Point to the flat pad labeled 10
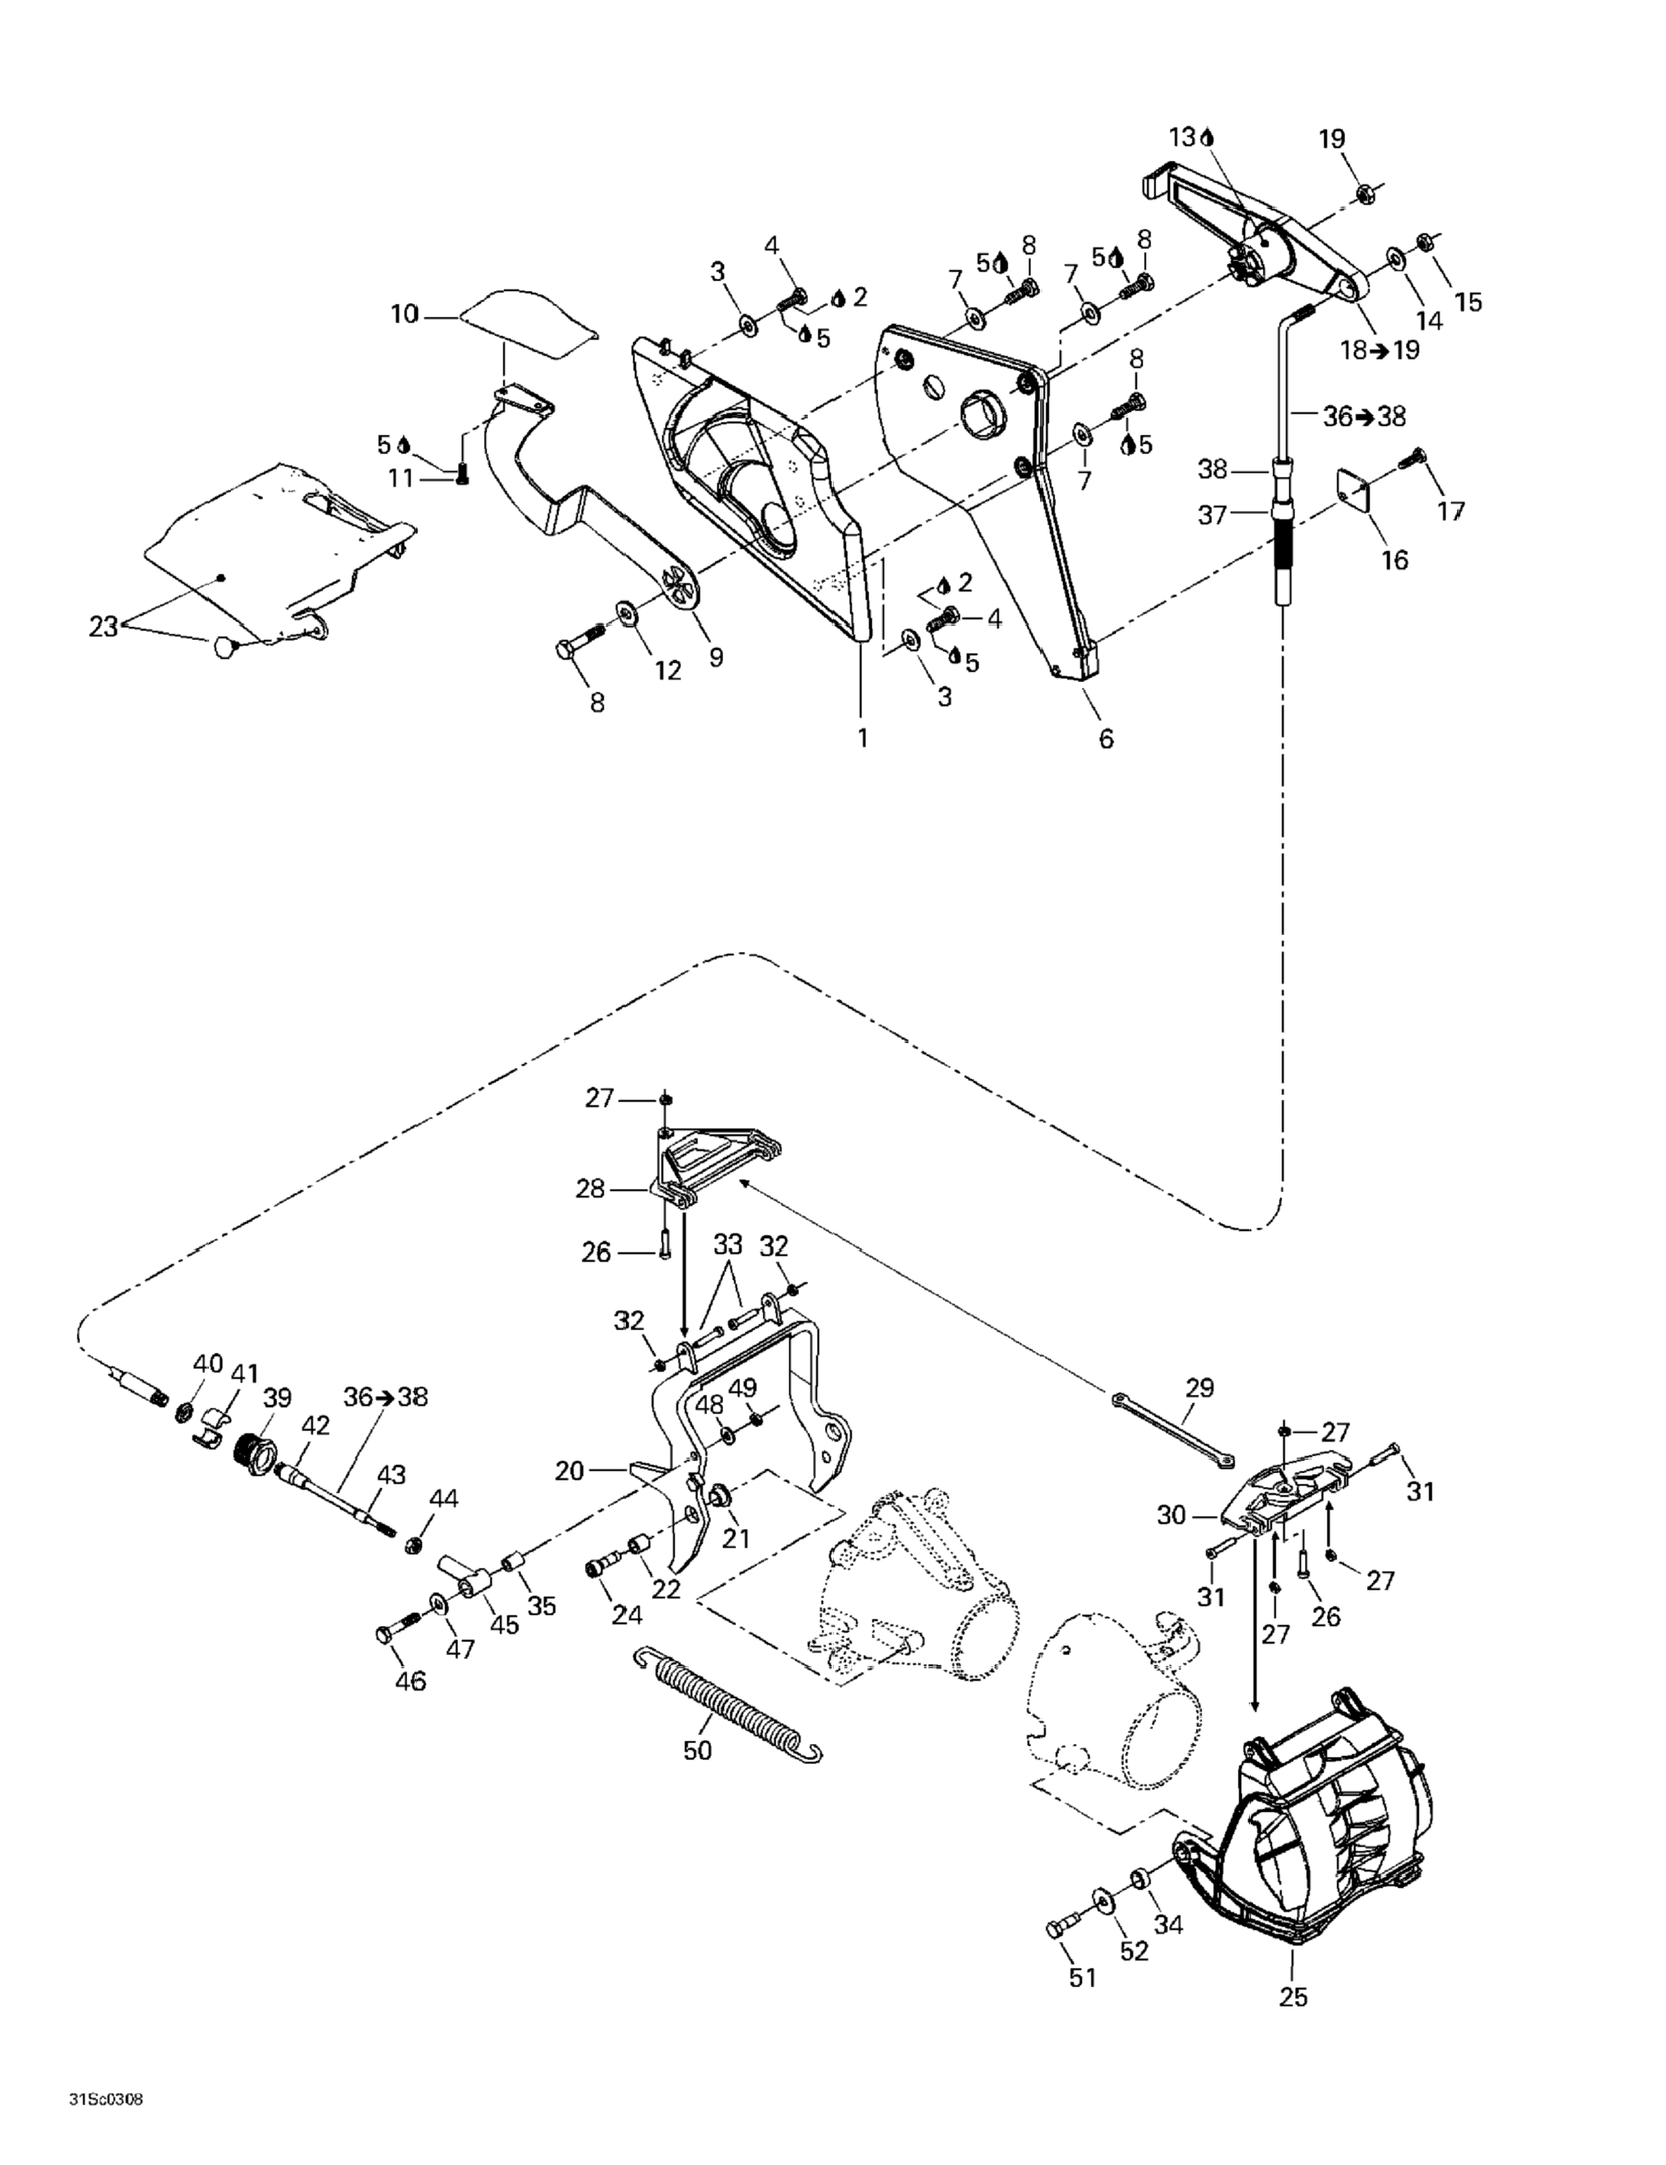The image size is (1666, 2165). [530, 323]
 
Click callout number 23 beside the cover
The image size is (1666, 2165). [103, 625]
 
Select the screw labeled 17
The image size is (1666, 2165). [1411, 459]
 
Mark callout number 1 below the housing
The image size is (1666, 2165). [862, 738]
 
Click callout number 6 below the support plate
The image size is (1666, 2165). [1106, 738]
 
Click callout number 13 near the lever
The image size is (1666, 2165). [1181, 137]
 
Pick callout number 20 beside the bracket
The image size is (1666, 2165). [570, 1471]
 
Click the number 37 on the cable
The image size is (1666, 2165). [1212, 515]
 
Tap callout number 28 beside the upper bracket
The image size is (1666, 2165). [590, 1188]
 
